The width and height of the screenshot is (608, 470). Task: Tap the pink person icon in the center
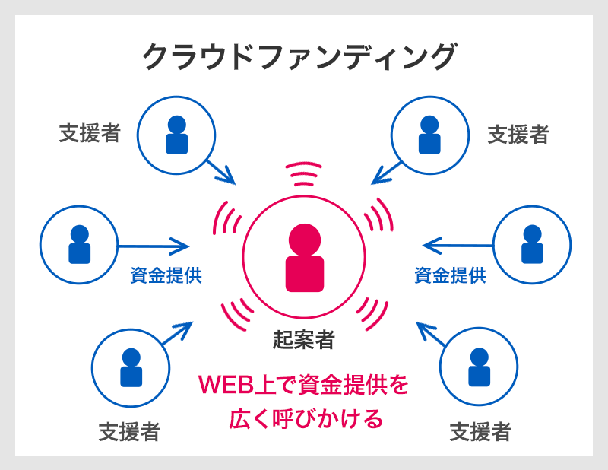point(304,259)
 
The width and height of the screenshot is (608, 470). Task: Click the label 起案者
point(304,339)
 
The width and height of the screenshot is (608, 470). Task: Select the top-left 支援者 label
point(90,134)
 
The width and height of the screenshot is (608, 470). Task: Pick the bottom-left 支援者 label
point(129,432)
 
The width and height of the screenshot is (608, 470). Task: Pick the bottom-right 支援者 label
point(480,432)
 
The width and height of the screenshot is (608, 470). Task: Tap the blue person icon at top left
point(176,134)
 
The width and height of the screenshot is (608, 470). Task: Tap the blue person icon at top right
point(429,134)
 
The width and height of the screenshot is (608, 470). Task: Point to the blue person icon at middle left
point(79,244)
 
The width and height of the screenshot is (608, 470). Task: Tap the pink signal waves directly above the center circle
point(304,174)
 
